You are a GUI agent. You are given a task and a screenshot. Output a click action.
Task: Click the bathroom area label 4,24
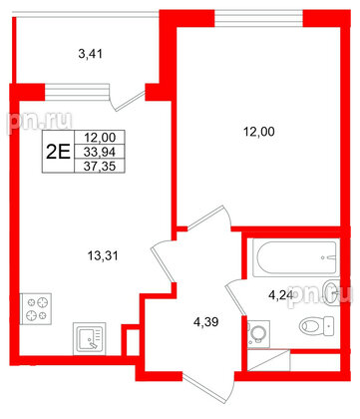[x=282, y=294]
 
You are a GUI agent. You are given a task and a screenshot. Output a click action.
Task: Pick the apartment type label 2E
[x=59, y=153]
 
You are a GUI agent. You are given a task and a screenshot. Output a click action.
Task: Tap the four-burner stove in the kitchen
[x=37, y=308]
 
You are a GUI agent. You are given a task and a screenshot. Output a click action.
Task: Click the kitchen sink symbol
[x=88, y=339]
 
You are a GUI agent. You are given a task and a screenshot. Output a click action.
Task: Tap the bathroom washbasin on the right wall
[x=332, y=289]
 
